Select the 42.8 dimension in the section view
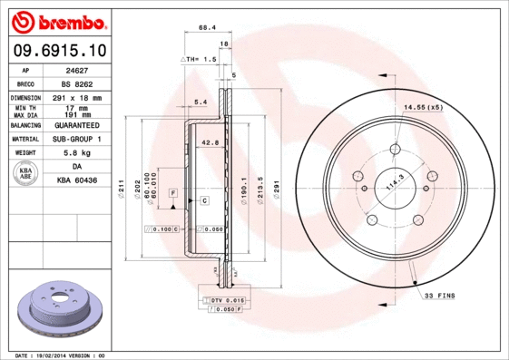tap(210, 142)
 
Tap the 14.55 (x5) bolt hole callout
tap(424, 108)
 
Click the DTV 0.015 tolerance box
tap(223, 298)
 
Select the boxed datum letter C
tap(204, 199)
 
